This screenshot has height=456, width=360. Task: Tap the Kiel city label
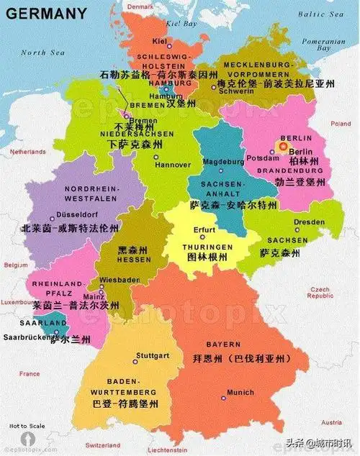[x=160, y=42]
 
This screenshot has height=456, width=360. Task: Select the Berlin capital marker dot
[x=282, y=147]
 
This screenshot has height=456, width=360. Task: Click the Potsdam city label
[x=258, y=157]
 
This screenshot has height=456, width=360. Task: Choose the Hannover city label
[x=173, y=165]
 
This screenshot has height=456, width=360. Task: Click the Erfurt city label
[x=204, y=230]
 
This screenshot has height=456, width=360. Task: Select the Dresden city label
[x=309, y=222]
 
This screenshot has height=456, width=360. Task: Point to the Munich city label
[x=240, y=393]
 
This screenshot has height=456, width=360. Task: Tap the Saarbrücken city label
[x=25, y=336]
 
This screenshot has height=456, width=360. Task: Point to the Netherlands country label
[x=27, y=152]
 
